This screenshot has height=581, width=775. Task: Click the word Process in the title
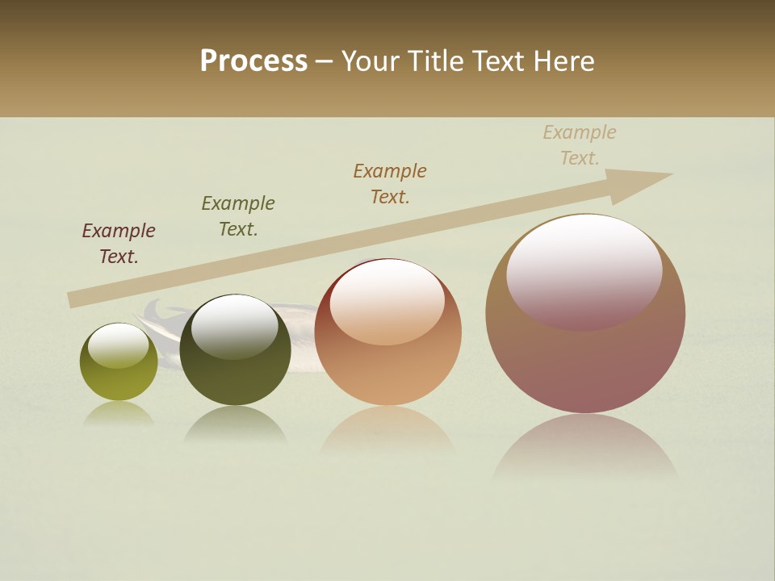[253, 61]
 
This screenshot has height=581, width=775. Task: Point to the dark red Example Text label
[119, 244]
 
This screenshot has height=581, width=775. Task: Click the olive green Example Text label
[238, 216]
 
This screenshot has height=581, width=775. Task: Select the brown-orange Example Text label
[390, 184]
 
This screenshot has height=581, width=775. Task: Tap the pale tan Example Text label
[580, 145]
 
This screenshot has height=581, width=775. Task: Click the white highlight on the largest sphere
[584, 270]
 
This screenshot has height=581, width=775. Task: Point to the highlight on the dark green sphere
[234, 325]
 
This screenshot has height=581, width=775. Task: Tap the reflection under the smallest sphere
[119, 414]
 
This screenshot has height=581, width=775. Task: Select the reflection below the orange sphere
[387, 432]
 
